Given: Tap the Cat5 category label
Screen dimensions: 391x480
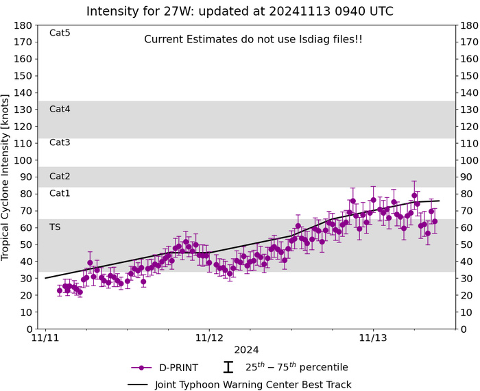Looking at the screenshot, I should tap(60, 32).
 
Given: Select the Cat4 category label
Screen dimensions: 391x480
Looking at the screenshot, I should tap(60, 109).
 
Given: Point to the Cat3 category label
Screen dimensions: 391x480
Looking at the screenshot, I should tap(60, 142).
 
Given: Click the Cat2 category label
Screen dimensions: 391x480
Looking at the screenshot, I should tap(60, 176).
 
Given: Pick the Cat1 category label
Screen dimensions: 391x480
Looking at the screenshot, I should tap(60, 193).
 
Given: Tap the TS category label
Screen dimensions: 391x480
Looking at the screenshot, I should tap(55, 227).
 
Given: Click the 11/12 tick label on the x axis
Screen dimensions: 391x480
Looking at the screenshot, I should tap(209, 338).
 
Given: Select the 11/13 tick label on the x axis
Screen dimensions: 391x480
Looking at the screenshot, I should tap(372, 338).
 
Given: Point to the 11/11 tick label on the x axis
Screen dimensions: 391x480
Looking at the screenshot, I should tap(46, 338).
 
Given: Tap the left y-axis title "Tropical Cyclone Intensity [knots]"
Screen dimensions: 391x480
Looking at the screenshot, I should tap(10, 177).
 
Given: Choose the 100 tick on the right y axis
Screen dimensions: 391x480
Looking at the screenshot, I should tap(470, 160).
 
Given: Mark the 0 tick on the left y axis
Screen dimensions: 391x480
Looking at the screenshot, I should tap(30, 329).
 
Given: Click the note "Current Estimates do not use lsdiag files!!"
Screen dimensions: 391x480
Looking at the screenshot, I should tap(253, 40).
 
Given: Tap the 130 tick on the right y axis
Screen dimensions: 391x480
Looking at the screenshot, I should tap(470, 110).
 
